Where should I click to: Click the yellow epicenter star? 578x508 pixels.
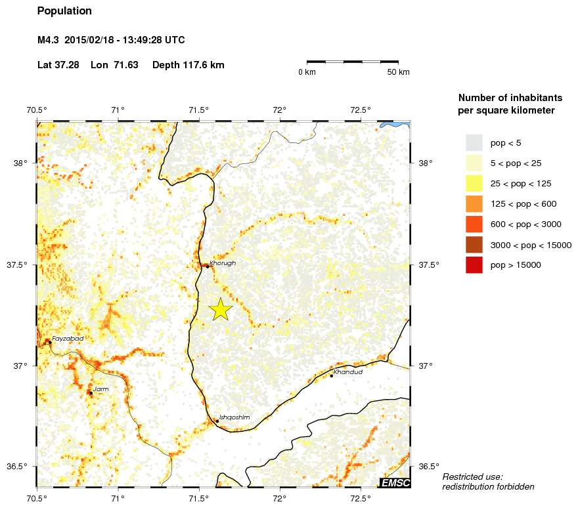click(221, 309)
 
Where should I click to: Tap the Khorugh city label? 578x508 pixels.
click(223, 263)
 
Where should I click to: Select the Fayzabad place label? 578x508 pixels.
click(68, 339)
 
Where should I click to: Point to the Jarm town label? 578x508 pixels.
click(101, 389)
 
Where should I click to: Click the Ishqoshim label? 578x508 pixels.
click(234, 417)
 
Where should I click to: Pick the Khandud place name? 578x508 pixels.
click(348, 372)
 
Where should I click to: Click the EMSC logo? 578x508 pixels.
click(395, 483)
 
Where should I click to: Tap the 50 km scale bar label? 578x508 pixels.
click(399, 72)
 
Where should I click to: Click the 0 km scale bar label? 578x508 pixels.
click(307, 72)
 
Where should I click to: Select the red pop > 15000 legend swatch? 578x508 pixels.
click(474, 265)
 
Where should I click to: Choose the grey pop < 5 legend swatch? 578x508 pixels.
click(474, 142)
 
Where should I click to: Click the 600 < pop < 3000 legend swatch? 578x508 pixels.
click(474, 224)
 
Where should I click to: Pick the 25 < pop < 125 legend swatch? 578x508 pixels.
click(474, 183)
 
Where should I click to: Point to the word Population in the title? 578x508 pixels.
click(64, 11)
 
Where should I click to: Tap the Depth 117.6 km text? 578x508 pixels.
click(189, 65)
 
